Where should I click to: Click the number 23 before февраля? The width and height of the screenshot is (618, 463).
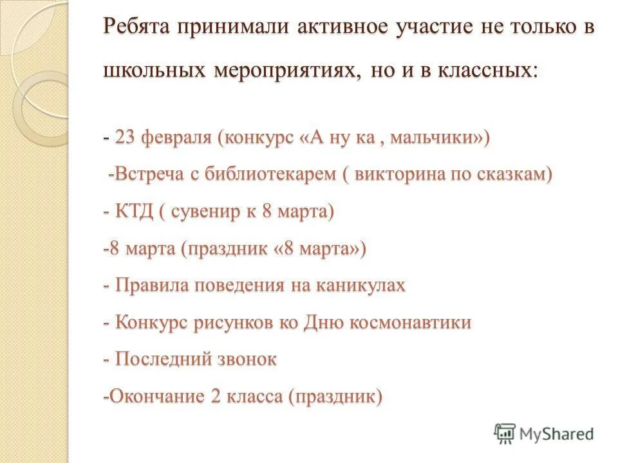point(124,137)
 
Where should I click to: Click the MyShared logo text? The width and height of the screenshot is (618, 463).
point(557,434)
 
